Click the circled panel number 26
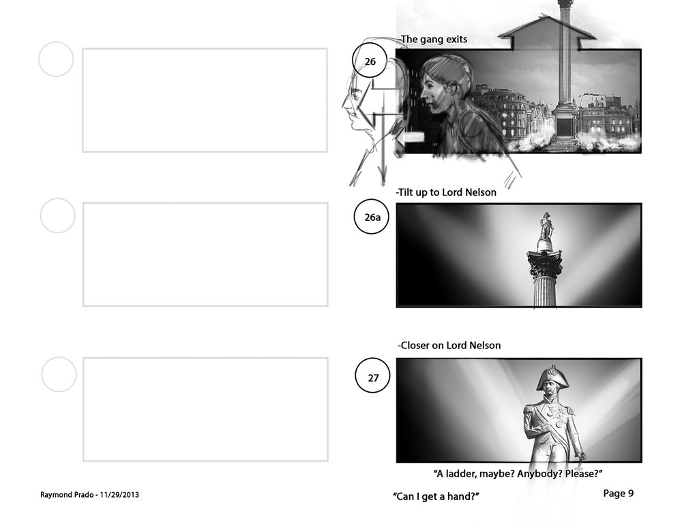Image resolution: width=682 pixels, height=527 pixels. tap(369, 61)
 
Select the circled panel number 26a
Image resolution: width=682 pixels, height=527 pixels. tap(372, 217)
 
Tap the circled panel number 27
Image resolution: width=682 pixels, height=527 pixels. tap(373, 376)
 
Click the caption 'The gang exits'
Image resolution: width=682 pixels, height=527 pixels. tap(434, 40)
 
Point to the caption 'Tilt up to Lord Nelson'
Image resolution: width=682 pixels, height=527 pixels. tap(446, 192)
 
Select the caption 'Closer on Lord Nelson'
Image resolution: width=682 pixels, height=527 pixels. tap(449, 345)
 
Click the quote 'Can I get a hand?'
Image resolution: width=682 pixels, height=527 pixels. tap(436, 496)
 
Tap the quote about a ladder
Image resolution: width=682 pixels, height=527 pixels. tap(518, 474)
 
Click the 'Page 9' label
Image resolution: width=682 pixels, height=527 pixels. tap(618, 493)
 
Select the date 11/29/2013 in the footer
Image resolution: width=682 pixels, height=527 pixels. tap(119, 494)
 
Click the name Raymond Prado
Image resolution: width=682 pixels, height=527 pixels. tap(67, 495)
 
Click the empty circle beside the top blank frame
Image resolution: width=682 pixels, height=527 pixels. tap(56, 59)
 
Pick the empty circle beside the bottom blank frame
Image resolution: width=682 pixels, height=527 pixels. tap(59, 374)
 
